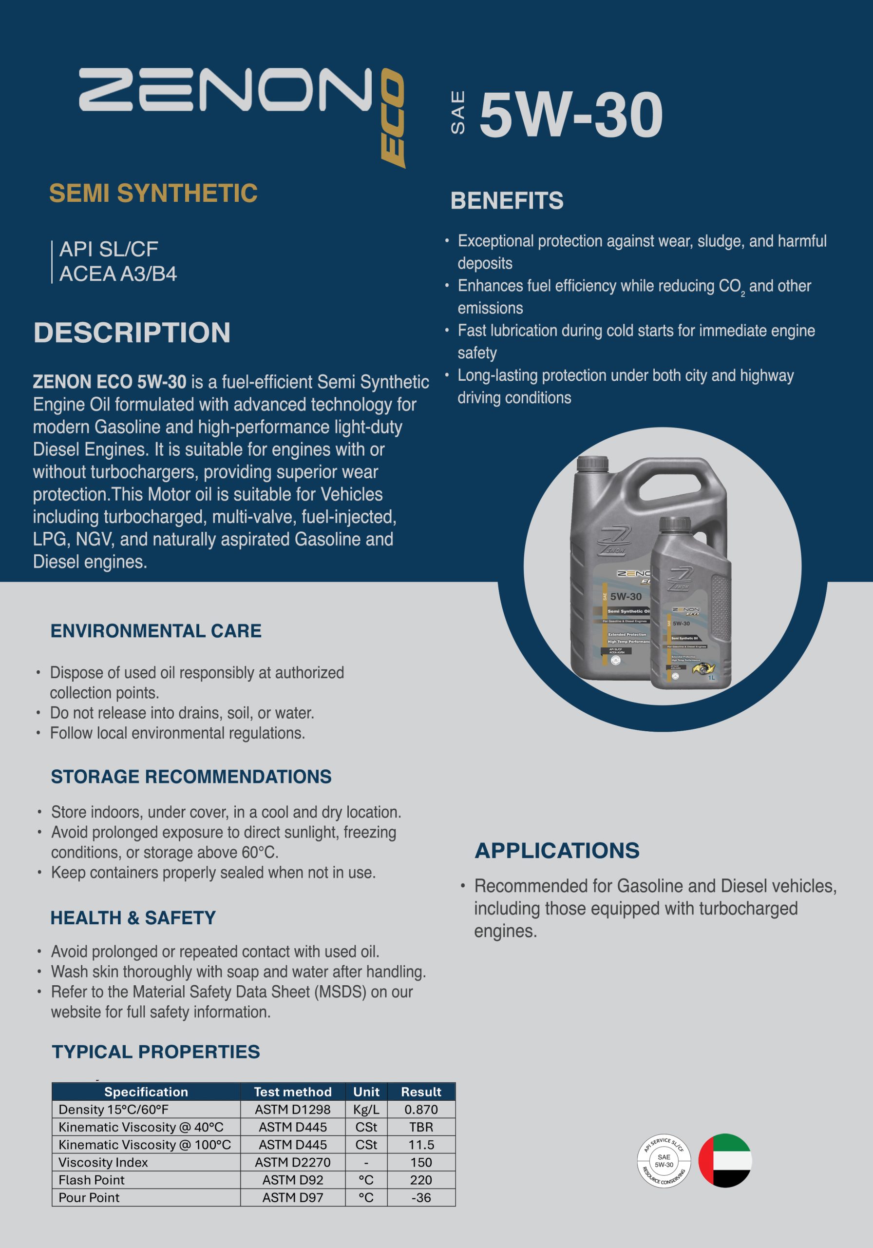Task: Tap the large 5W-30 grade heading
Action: (570, 115)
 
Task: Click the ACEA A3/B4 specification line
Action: (118, 274)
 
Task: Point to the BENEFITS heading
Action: (506, 200)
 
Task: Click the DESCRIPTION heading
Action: (132, 332)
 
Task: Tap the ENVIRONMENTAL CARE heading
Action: (156, 630)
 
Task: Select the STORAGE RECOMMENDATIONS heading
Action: (190, 776)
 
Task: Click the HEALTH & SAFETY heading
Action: (133, 917)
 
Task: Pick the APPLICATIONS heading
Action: (557, 851)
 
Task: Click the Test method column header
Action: (292, 1092)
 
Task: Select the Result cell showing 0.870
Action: (421, 1110)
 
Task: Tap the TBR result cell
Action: (421, 1127)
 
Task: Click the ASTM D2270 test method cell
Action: (292, 1162)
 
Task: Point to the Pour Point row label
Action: (89, 1197)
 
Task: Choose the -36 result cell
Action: (421, 1197)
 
